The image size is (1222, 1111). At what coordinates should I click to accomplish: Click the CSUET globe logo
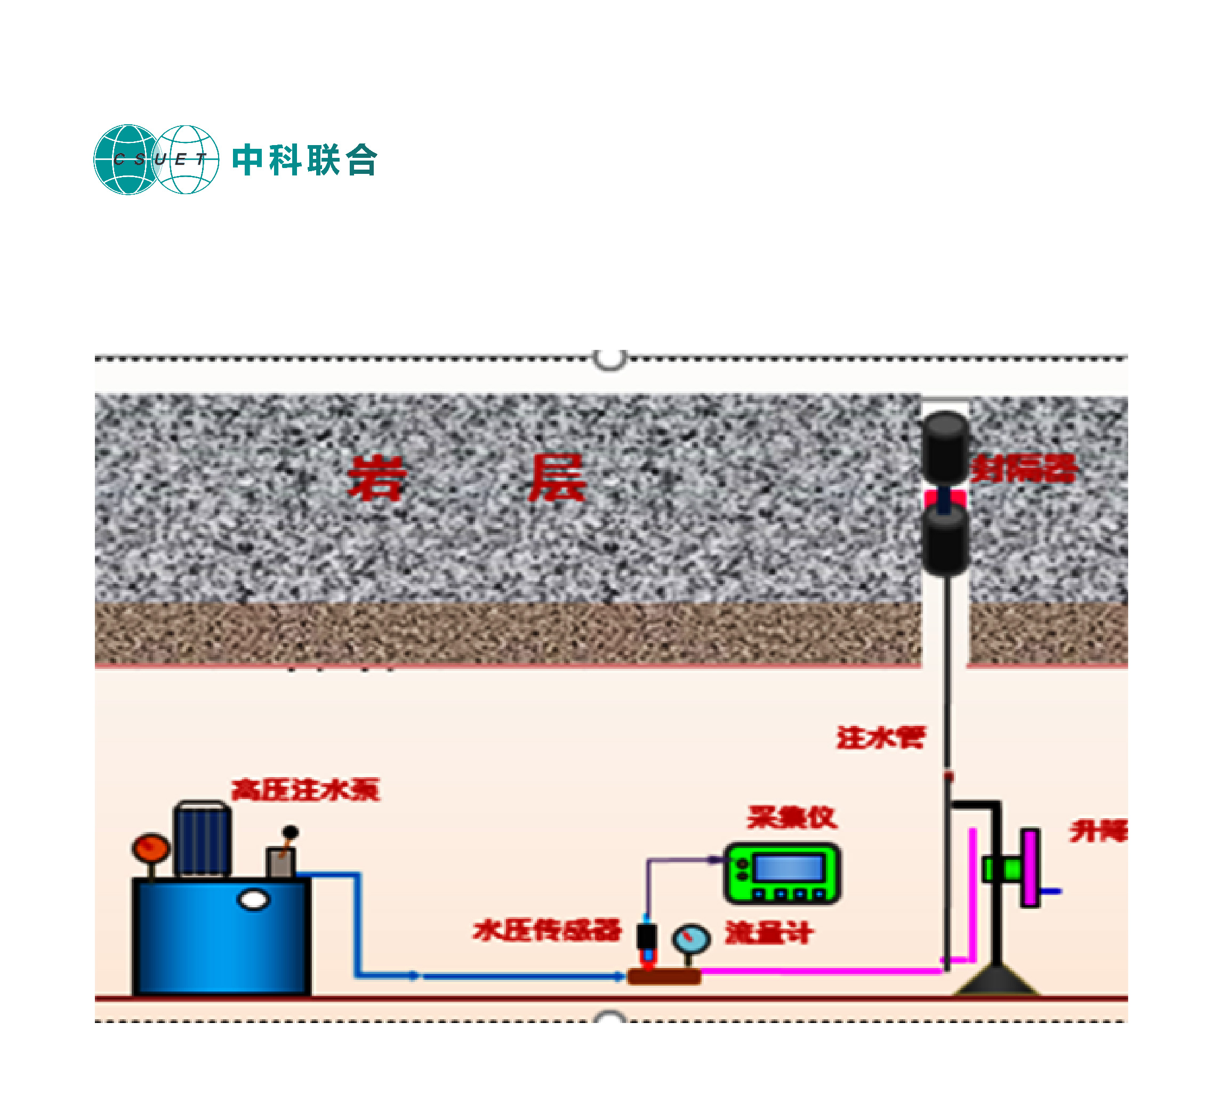tap(156, 159)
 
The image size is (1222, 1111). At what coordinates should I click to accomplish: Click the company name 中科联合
tap(305, 161)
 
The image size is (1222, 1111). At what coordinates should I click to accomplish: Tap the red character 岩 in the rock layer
tap(376, 478)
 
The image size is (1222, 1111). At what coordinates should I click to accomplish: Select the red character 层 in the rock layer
tap(557, 478)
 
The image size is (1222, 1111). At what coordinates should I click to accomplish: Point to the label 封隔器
tap(1024, 469)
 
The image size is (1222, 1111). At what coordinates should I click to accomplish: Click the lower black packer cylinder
tap(944, 540)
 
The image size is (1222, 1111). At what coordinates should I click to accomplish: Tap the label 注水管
tap(881, 738)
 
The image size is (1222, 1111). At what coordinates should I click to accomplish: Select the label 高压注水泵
tap(305, 789)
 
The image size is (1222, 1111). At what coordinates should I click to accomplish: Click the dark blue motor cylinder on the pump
tap(202, 840)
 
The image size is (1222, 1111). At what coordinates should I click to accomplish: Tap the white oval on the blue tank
tap(253, 900)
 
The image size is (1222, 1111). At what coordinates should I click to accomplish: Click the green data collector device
tap(782, 873)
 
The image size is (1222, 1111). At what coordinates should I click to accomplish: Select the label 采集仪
tap(792, 818)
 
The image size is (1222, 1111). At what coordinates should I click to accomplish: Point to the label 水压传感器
tap(546, 930)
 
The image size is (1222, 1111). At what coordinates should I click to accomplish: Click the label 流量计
tap(769, 932)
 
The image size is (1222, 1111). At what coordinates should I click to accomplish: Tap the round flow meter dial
tap(690, 938)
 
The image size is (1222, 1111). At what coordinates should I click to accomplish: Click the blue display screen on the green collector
tap(788, 867)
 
